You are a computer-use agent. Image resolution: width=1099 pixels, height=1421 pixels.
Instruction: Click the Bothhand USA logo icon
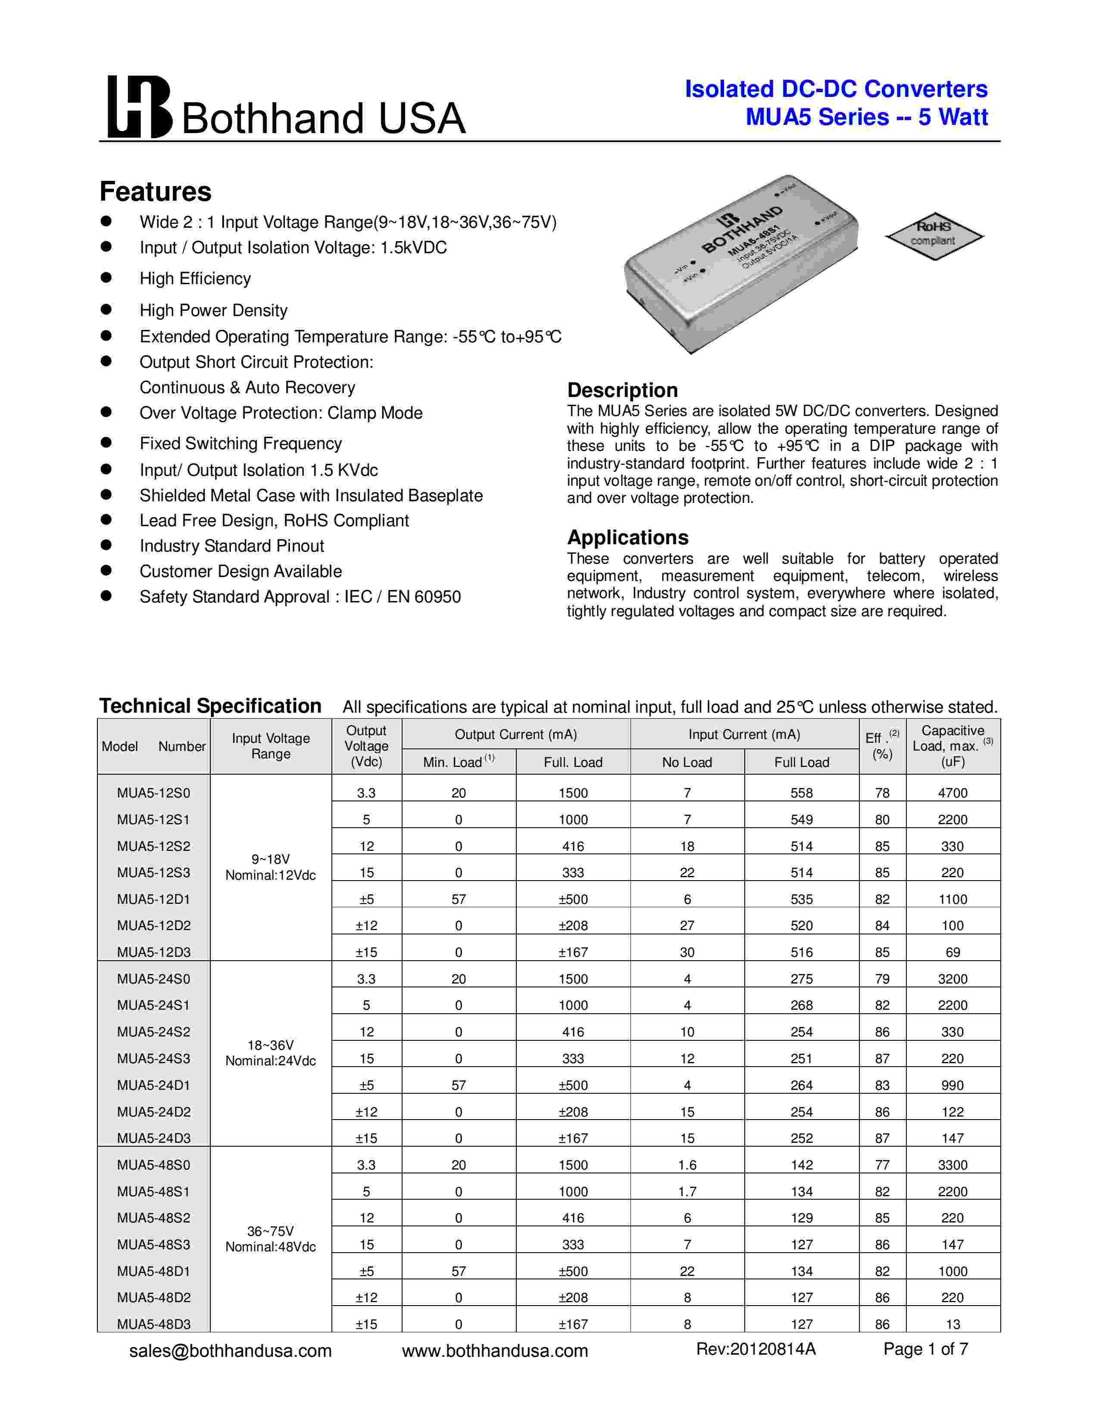pyautogui.click(x=139, y=107)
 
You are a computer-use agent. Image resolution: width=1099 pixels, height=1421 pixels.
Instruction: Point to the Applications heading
pyautogui.click(x=628, y=537)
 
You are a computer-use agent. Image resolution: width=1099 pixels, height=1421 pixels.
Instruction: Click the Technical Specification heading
pyautogui.click(x=210, y=706)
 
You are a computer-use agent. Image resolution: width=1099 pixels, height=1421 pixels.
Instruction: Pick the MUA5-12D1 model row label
pyautogui.click(x=154, y=899)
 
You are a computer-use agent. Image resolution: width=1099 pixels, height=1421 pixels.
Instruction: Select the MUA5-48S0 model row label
pyautogui.click(x=154, y=1165)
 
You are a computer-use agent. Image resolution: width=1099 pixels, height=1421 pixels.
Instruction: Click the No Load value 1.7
pyautogui.click(x=687, y=1191)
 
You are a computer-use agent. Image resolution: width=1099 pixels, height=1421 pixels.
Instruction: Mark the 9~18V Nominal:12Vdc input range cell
pyautogui.click(x=271, y=867)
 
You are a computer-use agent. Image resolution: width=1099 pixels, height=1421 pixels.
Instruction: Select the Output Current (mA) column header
pyautogui.click(x=515, y=735)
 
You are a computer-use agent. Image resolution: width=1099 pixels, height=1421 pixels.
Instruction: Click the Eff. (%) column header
pyautogui.click(x=882, y=746)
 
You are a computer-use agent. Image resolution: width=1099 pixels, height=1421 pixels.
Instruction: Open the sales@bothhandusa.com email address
pyautogui.click(x=231, y=1351)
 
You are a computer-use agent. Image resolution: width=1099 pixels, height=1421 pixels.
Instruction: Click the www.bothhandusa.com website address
pyautogui.click(x=495, y=1351)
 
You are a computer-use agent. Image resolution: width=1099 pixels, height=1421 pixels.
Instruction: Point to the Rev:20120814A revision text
pyautogui.click(x=755, y=1349)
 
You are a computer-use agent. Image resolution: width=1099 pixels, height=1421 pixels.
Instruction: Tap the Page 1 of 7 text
pyautogui.click(x=925, y=1349)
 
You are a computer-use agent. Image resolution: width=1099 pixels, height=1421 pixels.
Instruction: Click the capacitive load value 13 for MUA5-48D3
pyautogui.click(x=952, y=1324)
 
